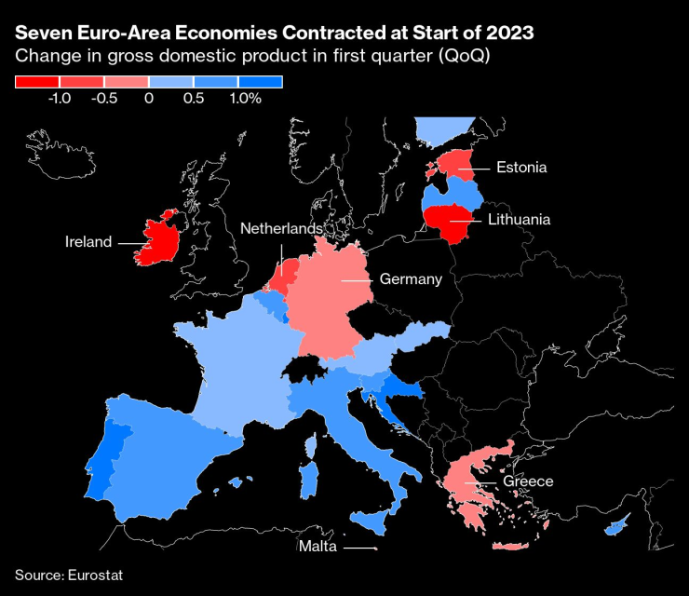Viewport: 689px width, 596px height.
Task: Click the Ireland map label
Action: pyautogui.click(x=88, y=242)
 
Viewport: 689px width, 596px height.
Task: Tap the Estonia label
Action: pyautogui.click(x=520, y=168)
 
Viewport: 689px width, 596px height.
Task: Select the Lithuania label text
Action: pyautogui.click(x=519, y=220)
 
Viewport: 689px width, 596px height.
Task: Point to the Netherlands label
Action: pyautogui.click(x=281, y=229)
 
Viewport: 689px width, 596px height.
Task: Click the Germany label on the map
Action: pyautogui.click(x=411, y=278)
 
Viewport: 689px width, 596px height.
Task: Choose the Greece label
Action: pyautogui.click(x=528, y=481)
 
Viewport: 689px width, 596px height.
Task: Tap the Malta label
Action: pyautogui.click(x=317, y=546)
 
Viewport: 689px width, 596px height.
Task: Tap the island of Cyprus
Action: pyautogui.click(x=615, y=529)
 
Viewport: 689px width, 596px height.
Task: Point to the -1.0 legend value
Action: pyautogui.click(x=59, y=97)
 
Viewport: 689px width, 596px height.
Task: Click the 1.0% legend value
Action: pyautogui.click(x=243, y=97)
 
